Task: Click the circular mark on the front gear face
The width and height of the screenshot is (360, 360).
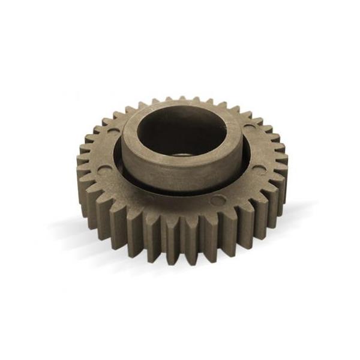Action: [218, 200]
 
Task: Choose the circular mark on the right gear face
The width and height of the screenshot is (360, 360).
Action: [259, 170]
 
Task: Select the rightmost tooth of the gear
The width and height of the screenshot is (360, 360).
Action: [282, 160]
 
